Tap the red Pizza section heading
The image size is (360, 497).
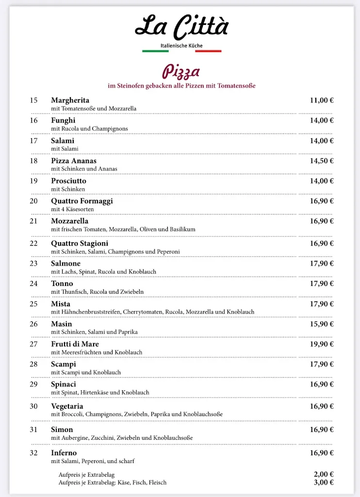181,72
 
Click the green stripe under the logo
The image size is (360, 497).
155,51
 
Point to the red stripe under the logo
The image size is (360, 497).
208,51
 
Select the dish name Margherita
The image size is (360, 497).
70,100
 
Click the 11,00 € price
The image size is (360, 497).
322,100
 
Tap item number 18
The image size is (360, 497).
33,161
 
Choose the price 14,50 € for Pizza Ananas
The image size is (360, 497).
322,161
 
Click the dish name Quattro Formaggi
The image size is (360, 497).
82,201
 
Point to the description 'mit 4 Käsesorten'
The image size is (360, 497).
72,209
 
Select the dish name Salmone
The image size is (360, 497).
65,264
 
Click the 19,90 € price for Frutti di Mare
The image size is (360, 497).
322,344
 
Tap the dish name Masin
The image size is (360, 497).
61,324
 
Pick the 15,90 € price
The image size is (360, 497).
322,324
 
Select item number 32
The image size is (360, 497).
33,453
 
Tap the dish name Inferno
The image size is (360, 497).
64,453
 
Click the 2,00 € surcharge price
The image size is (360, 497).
324,475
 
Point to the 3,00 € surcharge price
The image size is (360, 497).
324,482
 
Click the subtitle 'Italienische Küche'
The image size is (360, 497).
181,46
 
